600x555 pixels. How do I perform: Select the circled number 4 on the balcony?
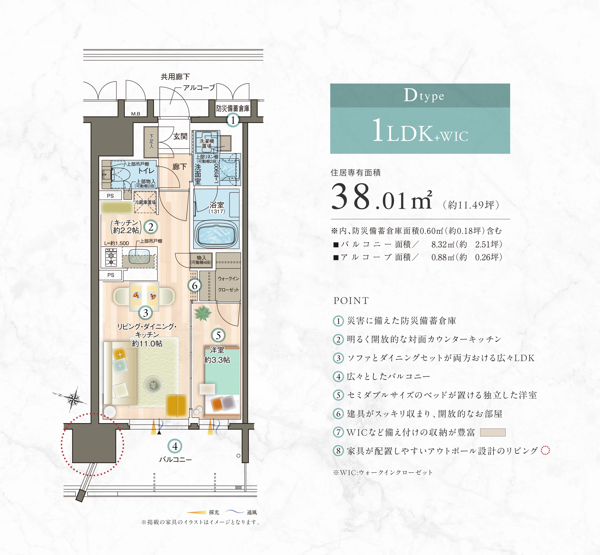(175, 446)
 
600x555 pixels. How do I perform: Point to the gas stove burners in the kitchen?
(111, 258)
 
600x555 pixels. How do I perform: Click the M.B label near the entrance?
(136, 114)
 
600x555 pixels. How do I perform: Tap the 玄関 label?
(180, 136)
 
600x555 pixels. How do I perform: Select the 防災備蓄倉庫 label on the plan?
(233, 108)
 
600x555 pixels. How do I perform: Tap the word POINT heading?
(351, 301)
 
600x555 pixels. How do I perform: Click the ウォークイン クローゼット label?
(228, 284)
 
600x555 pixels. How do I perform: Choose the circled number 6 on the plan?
(194, 285)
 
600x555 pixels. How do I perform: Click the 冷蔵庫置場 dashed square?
(145, 202)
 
